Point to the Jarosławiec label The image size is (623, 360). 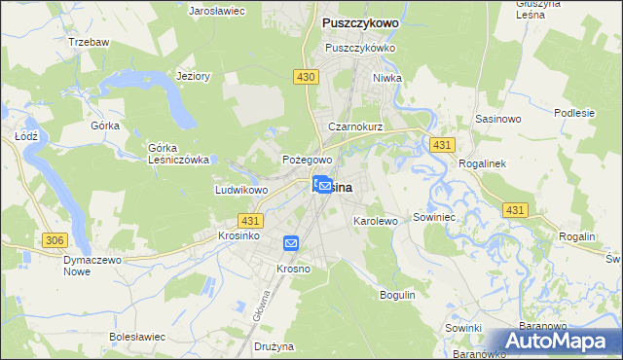coord(216,10)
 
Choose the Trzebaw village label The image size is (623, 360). coord(90,44)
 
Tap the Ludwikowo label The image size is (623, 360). coord(241,190)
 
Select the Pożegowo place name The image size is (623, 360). coord(308,159)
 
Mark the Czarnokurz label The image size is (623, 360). coord(355,127)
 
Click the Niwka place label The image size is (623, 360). coord(386,78)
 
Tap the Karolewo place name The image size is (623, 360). coord(375,221)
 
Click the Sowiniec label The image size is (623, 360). coord(435,217)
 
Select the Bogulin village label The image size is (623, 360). coord(397,294)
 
